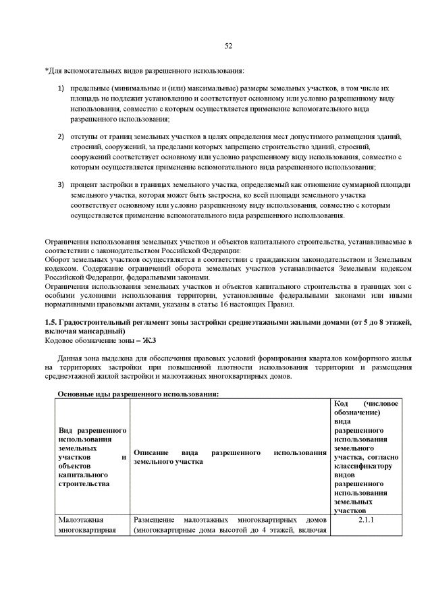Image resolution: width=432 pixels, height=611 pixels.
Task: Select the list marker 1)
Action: coord(61,88)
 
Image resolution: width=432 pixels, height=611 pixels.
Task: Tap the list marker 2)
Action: coord(61,136)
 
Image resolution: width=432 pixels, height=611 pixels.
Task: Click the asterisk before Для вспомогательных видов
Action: coord(46,71)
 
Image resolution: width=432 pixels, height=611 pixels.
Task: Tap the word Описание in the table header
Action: coord(151,452)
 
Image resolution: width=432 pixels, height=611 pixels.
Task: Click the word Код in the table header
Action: coord(342,404)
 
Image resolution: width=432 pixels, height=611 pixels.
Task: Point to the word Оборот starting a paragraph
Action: coord(58,259)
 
